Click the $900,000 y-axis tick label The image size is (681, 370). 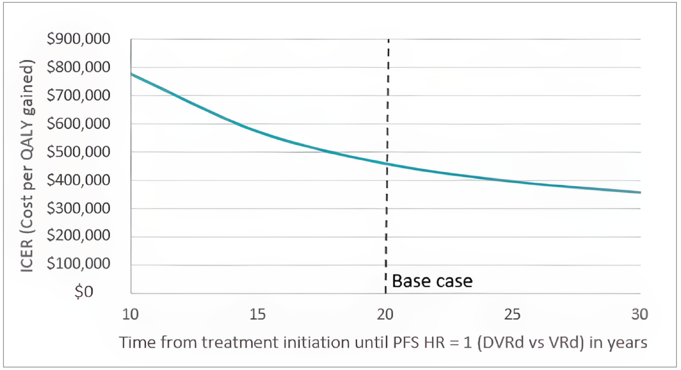click(78, 39)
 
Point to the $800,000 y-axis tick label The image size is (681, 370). click(78, 67)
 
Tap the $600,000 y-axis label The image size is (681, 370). click(78, 124)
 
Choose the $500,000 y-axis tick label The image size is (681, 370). click(78, 152)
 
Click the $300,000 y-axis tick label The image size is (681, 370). click(78, 208)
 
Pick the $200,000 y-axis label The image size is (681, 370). click(78, 235)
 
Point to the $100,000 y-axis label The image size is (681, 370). click(78, 264)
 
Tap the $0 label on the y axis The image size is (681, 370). click(84, 292)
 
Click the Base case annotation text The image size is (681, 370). click(432, 281)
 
